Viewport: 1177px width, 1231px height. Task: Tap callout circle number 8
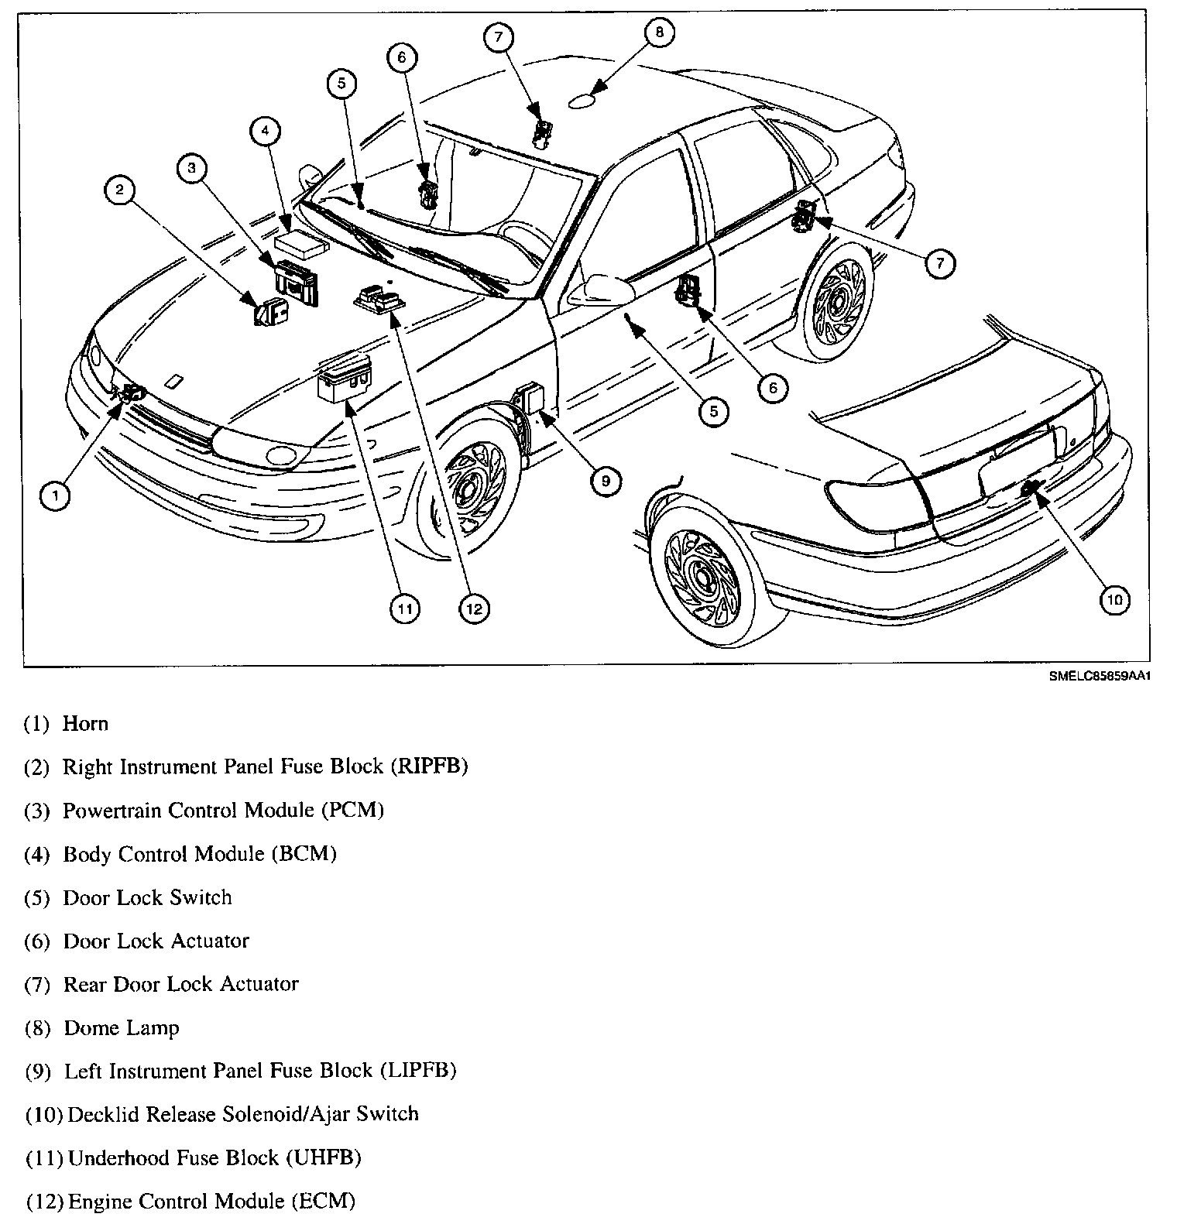click(x=659, y=32)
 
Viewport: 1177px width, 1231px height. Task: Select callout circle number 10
click(x=1114, y=599)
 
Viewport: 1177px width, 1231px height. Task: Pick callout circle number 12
click(x=474, y=609)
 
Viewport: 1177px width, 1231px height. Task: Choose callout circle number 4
click(x=265, y=132)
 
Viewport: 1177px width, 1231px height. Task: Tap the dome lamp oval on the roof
click(x=582, y=101)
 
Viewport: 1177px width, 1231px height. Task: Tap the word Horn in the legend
click(x=85, y=724)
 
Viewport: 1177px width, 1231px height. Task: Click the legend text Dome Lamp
click(x=122, y=1028)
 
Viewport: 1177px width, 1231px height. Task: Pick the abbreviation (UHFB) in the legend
click(x=324, y=1158)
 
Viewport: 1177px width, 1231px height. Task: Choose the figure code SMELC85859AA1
click(x=1101, y=676)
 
